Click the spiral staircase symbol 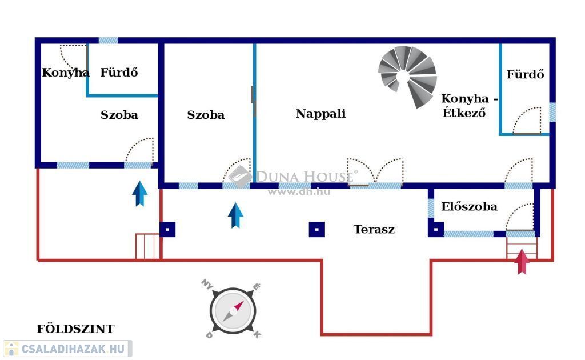pyautogui.click(x=407, y=76)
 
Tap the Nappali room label pyautogui.click(x=320, y=114)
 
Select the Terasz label pyautogui.click(x=374, y=230)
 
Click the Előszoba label pyautogui.click(x=469, y=207)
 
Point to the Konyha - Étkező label pyautogui.click(x=469, y=106)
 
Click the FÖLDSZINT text pyautogui.click(x=75, y=329)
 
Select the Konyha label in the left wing pyautogui.click(x=66, y=73)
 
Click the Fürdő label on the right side pyautogui.click(x=525, y=74)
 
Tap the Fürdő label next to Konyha pyautogui.click(x=119, y=73)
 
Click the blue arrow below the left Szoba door pyautogui.click(x=140, y=193)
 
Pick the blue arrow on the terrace pyautogui.click(x=235, y=215)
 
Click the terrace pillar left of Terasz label pyautogui.click(x=316, y=229)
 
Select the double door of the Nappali pyautogui.click(x=375, y=173)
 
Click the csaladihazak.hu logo pyautogui.click(x=67, y=348)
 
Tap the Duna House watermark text pyautogui.click(x=306, y=176)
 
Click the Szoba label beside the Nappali pyautogui.click(x=206, y=115)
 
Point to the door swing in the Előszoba pyautogui.click(x=520, y=218)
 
